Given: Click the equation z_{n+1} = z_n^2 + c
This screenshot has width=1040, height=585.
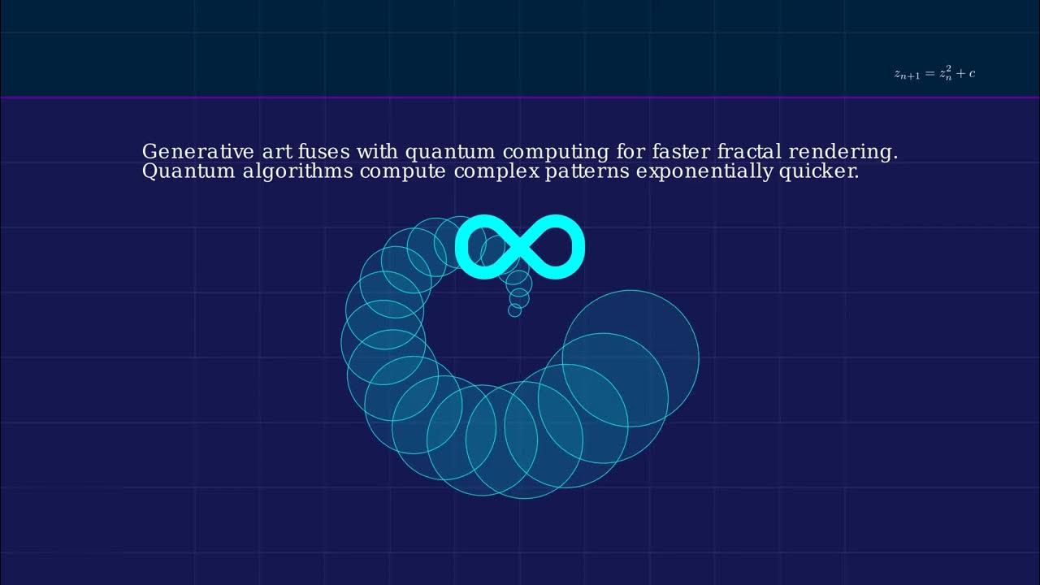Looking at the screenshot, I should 934,73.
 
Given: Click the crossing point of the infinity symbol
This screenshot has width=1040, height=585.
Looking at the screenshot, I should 520,247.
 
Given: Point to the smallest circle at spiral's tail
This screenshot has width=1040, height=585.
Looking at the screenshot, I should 514,310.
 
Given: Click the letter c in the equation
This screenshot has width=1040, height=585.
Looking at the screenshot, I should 971,74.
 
